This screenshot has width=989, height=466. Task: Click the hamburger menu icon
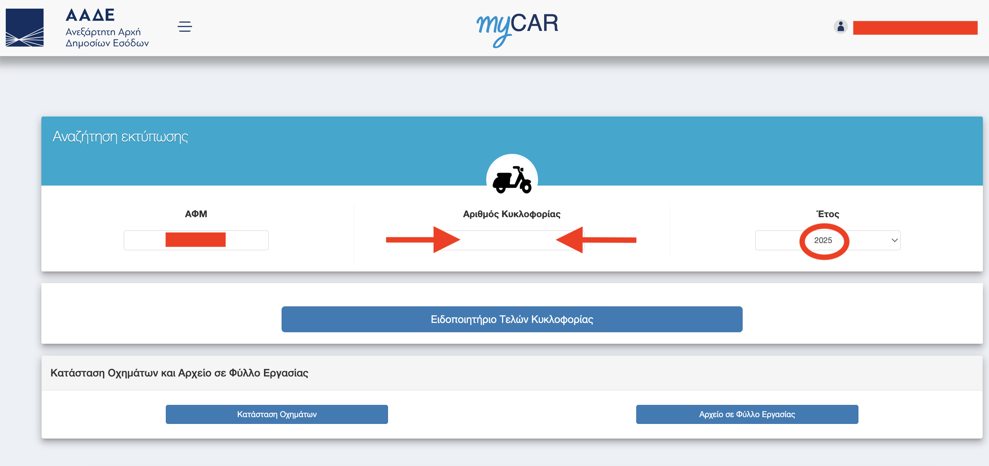click(184, 27)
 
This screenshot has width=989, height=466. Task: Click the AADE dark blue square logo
click(24, 28)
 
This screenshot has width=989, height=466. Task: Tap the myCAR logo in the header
click(517, 29)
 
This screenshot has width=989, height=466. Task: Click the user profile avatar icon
click(840, 27)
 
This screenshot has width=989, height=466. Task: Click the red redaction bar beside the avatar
click(915, 28)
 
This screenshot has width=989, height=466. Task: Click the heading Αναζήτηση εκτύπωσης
click(120, 137)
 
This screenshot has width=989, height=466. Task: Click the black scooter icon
click(512, 180)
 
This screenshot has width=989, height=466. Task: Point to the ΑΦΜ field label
click(196, 214)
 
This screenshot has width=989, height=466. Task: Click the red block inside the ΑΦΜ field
click(195, 239)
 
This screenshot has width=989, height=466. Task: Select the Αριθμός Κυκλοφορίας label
click(511, 214)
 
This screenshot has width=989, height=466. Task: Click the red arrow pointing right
click(423, 240)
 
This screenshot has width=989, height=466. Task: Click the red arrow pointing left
click(596, 240)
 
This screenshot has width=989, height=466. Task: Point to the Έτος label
click(828, 214)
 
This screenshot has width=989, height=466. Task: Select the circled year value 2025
click(823, 240)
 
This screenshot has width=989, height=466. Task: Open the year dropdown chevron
click(894, 240)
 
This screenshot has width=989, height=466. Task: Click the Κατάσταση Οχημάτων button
click(277, 415)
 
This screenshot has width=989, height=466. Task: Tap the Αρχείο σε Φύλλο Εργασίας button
click(747, 415)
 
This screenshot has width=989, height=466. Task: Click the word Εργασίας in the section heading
click(286, 373)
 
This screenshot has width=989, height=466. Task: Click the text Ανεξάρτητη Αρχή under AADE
click(103, 32)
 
